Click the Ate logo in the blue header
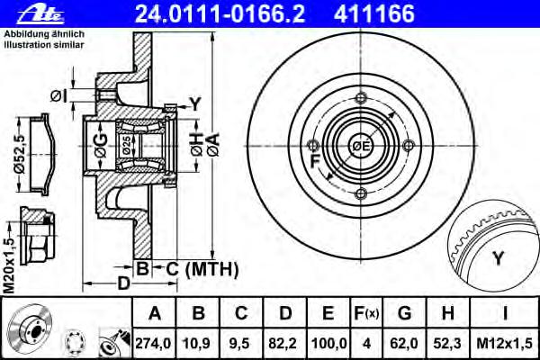point(40,15)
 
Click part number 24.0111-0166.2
point(220,13)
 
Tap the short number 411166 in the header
point(374,13)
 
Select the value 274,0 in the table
point(153,344)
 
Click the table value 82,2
point(284,344)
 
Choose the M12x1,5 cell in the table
point(505,344)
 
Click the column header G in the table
point(405,313)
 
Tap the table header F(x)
point(366,313)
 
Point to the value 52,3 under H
point(447,344)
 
